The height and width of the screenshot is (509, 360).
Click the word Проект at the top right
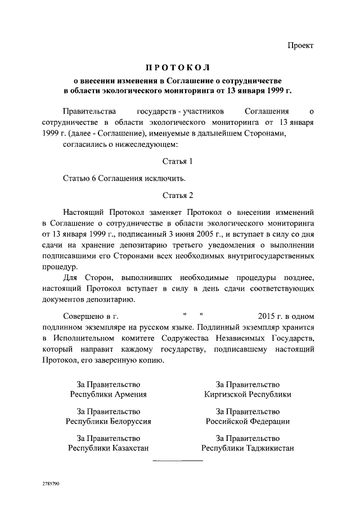coord(301,45)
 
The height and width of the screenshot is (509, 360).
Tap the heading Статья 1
coord(177,161)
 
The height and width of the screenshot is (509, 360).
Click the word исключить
coord(167,178)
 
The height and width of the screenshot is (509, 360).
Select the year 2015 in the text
coord(267,316)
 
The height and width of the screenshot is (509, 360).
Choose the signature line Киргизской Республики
coord(247,394)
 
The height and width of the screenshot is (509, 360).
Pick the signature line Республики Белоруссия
coord(108,421)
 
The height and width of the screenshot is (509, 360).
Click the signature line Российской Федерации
coord(247,421)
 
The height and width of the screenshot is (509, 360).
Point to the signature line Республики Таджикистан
coord(247,448)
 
